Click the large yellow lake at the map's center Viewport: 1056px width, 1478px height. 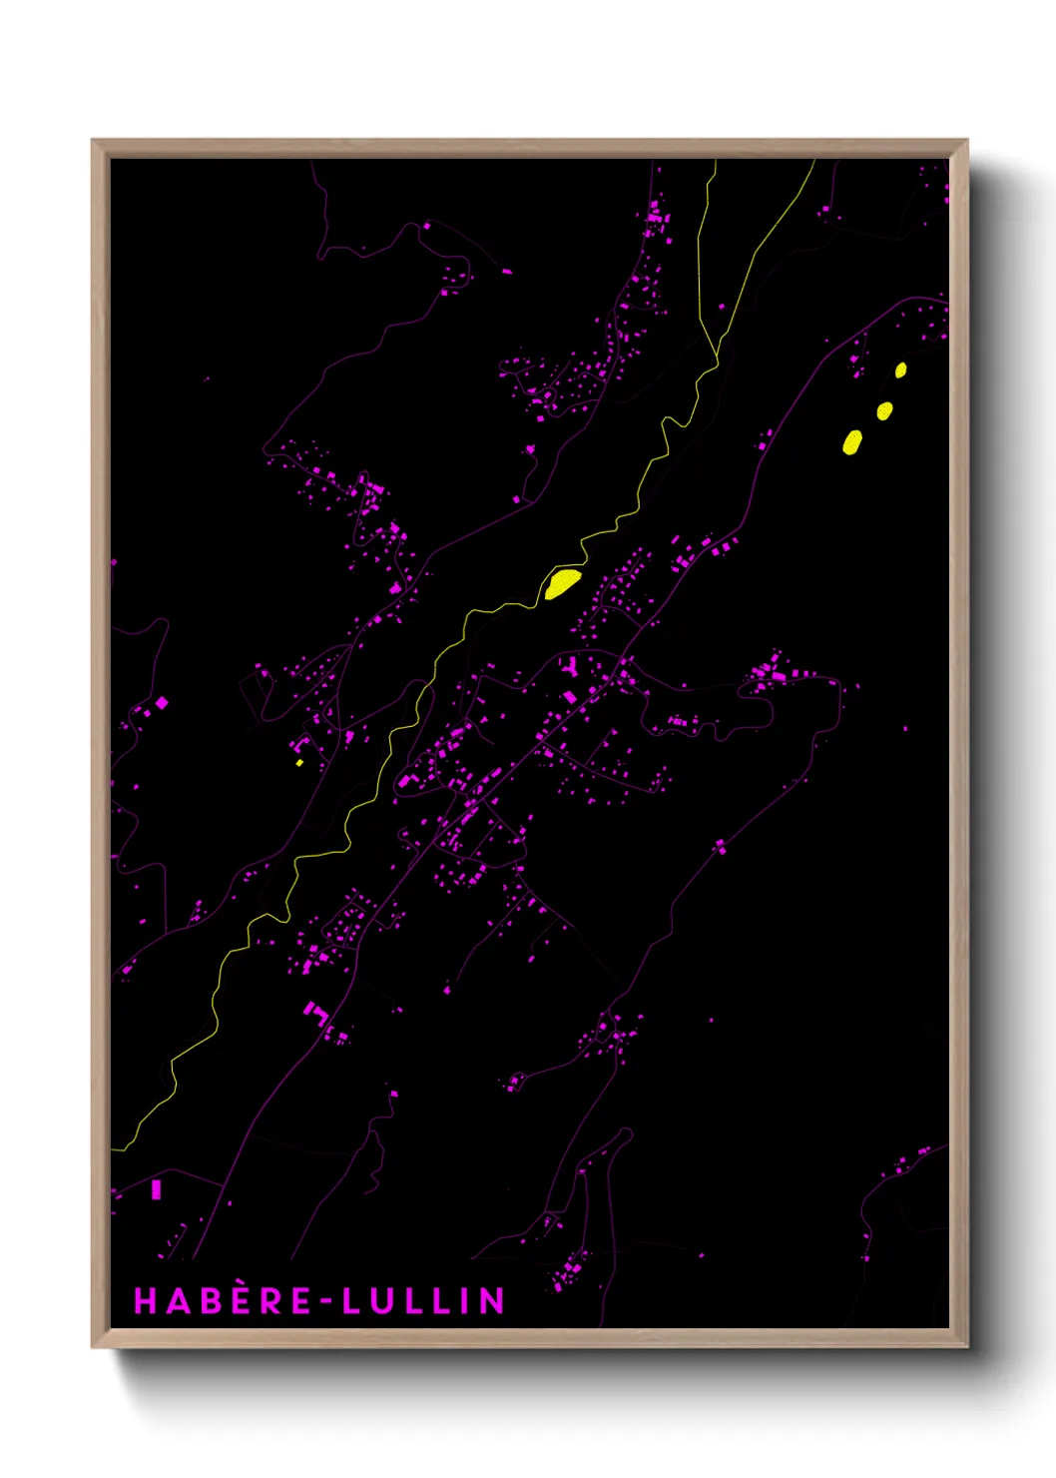pyautogui.click(x=562, y=582)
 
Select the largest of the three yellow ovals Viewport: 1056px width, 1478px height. pyautogui.click(x=852, y=441)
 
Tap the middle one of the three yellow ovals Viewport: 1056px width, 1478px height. pyautogui.click(x=884, y=410)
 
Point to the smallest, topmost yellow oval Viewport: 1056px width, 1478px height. pyautogui.click(x=900, y=370)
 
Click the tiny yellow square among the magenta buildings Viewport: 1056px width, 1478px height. pyautogui.click(x=299, y=763)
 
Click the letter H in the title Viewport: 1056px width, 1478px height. pyautogui.click(x=146, y=1300)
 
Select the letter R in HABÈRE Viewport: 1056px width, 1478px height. pyautogui.click(x=272, y=1300)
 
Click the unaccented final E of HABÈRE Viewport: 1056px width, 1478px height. pyautogui.click(x=300, y=1300)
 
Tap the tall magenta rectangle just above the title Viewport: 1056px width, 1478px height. pyautogui.click(x=156, y=1189)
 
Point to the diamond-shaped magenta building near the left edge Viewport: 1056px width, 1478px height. pyautogui.click(x=162, y=703)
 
